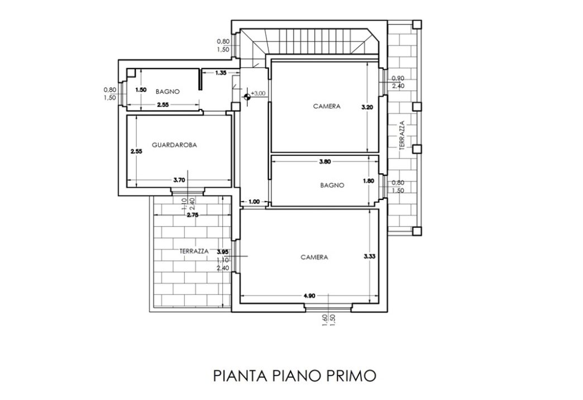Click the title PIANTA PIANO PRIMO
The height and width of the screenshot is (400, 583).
[x=294, y=376]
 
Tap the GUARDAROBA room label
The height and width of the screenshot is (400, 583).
[x=174, y=145]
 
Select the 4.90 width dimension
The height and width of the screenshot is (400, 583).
[x=309, y=296]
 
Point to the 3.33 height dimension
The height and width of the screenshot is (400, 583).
[x=370, y=256]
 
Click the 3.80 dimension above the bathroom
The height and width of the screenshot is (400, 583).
[x=324, y=161]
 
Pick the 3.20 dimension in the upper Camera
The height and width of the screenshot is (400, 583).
[x=367, y=107]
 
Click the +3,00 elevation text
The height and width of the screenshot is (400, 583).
[x=259, y=93]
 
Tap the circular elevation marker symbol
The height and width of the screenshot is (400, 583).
[x=247, y=98]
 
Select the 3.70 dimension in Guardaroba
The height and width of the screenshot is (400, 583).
[x=179, y=180]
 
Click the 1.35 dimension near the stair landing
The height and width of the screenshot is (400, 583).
[x=221, y=73]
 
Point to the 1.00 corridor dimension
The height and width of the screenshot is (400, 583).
[x=254, y=202]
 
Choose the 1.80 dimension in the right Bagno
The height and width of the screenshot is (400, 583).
[x=368, y=181]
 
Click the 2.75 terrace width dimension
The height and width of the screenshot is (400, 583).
[x=193, y=215]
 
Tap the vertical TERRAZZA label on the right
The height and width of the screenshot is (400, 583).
[x=402, y=135]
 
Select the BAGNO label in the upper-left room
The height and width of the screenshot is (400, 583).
[x=168, y=92]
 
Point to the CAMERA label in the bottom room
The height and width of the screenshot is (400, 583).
[x=314, y=257]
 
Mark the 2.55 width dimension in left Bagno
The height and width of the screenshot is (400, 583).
[x=163, y=105]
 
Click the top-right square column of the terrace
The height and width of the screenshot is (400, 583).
[x=417, y=25]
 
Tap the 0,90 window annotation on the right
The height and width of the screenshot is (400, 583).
[x=398, y=79]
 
